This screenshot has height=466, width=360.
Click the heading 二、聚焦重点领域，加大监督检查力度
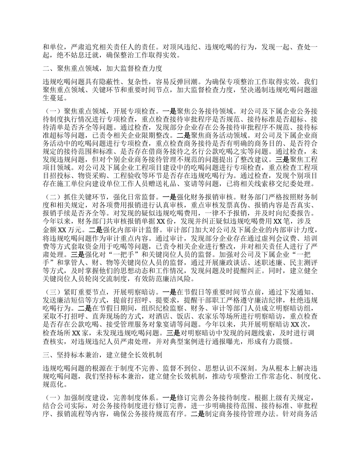click(103, 69)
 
